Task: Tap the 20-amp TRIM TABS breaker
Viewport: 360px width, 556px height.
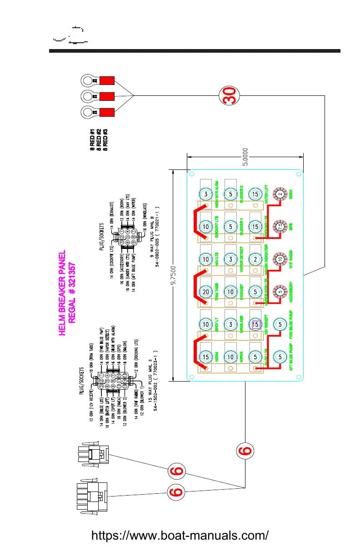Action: coord(206,292)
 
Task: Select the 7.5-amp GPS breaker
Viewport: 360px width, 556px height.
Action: coord(280,227)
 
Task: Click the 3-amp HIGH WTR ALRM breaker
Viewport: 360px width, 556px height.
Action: coord(206,194)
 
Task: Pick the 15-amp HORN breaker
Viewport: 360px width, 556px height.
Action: coord(206,357)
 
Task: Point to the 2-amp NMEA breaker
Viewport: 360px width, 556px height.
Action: coord(280,194)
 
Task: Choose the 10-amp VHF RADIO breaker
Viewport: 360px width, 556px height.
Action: coord(280,259)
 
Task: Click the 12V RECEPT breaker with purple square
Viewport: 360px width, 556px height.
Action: coord(255,324)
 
